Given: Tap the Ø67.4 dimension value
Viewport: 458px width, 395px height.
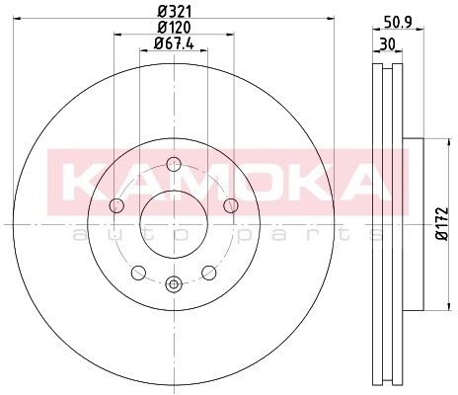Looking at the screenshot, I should (175, 43).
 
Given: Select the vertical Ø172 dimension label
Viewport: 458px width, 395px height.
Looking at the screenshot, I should (441, 222).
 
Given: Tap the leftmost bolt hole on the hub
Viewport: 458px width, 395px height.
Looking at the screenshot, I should (116, 204).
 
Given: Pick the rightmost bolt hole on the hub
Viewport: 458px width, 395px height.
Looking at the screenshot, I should (231, 204).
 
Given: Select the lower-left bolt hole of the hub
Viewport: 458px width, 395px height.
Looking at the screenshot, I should (138, 273).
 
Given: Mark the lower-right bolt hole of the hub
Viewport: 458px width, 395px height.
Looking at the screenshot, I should (209, 273).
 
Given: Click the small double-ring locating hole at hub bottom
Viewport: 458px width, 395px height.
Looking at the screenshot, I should (174, 284).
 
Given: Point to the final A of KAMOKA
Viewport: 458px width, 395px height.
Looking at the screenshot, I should (370, 181).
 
